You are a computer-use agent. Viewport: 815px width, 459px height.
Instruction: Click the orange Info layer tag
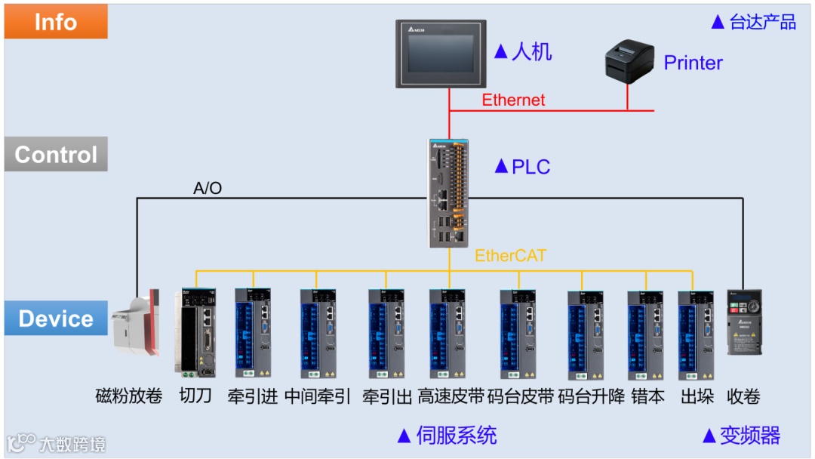pyautogui.click(x=56, y=22)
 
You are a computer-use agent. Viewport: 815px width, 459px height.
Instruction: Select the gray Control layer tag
pyautogui.click(x=56, y=155)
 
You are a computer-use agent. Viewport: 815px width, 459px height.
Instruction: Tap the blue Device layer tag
pyautogui.click(x=56, y=319)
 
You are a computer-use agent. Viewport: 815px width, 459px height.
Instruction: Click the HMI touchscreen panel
pyautogui.click(x=441, y=54)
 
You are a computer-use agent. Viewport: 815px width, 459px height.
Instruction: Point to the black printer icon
pyautogui.click(x=628, y=60)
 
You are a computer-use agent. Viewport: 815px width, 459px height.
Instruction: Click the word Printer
pyautogui.click(x=693, y=63)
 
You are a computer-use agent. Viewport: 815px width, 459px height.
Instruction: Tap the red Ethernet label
pyautogui.click(x=513, y=100)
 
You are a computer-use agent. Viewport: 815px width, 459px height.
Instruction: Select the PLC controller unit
pyautogui.click(x=448, y=193)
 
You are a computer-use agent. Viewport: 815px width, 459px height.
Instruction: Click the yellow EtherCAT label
pyautogui.click(x=510, y=256)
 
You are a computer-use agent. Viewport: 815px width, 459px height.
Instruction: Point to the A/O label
pyautogui.click(x=208, y=188)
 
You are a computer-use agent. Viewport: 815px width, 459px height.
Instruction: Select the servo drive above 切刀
pyautogui.click(x=197, y=332)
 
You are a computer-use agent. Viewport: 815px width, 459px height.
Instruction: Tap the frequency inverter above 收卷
pyautogui.click(x=744, y=322)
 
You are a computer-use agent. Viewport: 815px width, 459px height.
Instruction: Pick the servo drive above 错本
pyautogui.click(x=646, y=334)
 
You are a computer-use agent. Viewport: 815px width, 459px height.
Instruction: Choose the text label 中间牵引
pyautogui.click(x=318, y=396)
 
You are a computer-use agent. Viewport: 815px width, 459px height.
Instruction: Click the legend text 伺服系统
pyautogui.click(x=456, y=436)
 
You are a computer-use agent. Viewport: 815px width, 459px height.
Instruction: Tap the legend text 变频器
pyautogui.click(x=749, y=436)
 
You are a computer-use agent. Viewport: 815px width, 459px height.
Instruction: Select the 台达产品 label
pyautogui.click(x=762, y=22)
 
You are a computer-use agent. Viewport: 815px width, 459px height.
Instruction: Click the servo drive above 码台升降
pyautogui.click(x=586, y=334)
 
